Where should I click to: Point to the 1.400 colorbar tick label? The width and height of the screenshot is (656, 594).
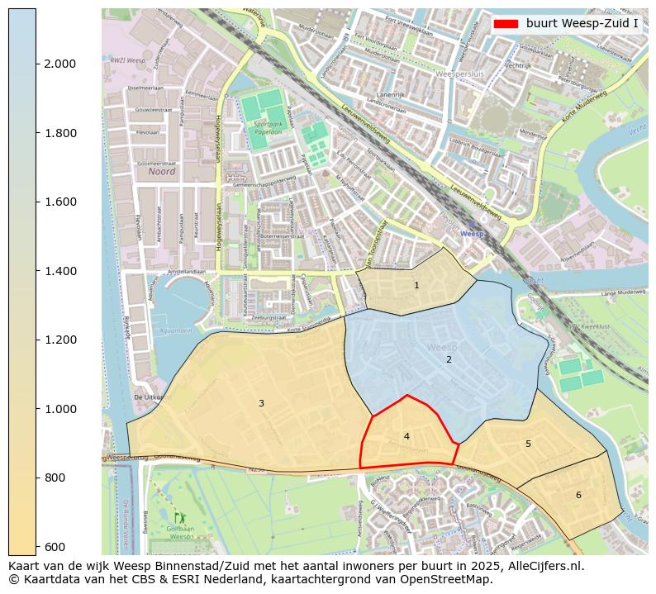(59, 271)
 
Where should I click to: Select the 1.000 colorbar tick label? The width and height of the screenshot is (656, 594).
(59, 409)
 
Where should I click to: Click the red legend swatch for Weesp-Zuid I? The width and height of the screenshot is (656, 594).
(505, 23)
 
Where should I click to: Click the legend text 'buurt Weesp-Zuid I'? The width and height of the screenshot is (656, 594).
(582, 23)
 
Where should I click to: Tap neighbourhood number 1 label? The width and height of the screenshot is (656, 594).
(416, 285)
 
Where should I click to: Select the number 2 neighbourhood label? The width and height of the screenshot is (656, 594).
(449, 359)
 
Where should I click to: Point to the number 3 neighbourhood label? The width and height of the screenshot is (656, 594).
(261, 403)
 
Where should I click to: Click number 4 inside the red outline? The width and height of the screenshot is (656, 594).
(406, 436)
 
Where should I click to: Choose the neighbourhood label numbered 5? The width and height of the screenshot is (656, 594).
(528, 444)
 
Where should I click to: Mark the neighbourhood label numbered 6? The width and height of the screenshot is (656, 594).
(578, 495)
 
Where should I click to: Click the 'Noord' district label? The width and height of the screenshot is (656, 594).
(162, 172)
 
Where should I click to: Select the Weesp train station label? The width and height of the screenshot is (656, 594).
(472, 234)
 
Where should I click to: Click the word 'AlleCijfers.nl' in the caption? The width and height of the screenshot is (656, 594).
(547, 566)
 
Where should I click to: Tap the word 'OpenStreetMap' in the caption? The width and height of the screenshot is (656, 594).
(451, 579)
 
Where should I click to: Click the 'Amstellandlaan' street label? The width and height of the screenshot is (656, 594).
(186, 271)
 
